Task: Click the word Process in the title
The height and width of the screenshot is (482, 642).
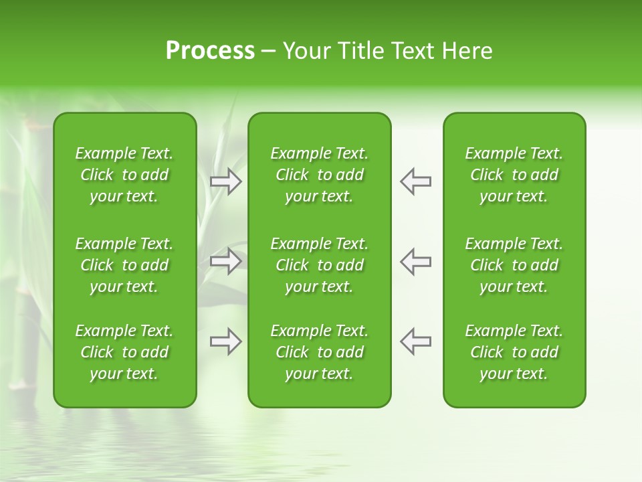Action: pyautogui.click(x=210, y=51)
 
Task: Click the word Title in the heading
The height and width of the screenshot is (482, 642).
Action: pyautogui.click(x=359, y=51)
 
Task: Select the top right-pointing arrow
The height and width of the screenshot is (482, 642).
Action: pyautogui.click(x=226, y=181)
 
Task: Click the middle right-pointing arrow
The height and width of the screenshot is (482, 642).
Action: pyautogui.click(x=226, y=261)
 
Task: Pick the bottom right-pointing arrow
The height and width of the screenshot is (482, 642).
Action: pyautogui.click(x=226, y=341)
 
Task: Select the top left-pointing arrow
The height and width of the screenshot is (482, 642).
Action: pyautogui.click(x=415, y=181)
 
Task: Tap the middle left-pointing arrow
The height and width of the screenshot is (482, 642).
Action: pyautogui.click(x=415, y=261)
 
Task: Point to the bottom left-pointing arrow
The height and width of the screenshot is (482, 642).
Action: pyautogui.click(x=415, y=341)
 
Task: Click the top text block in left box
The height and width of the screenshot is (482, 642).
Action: pyautogui.click(x=124, y=175)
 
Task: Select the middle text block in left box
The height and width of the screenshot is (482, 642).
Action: pyautogui.click(x=124, y=265)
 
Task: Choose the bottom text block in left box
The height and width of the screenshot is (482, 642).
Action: pyautogui.click(x=124, y=352)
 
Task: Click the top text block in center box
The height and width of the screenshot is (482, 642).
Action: pyautogui.click(x=319, y=175)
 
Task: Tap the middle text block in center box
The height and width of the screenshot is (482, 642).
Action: pyautogui.click(x=319, y=265)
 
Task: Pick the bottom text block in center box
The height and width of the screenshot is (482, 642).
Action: pyautogui.click(x=319, y=352)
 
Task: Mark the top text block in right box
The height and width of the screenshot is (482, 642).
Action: pyautogui.click(x=514, y=175)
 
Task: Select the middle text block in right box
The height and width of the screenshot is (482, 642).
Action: pyautogui.click(x=514, y=265)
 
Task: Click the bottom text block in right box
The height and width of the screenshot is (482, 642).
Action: pyautogui.click(x=514, y=352)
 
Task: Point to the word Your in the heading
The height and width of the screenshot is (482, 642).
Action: pyautogui.click(x=306, y=51)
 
